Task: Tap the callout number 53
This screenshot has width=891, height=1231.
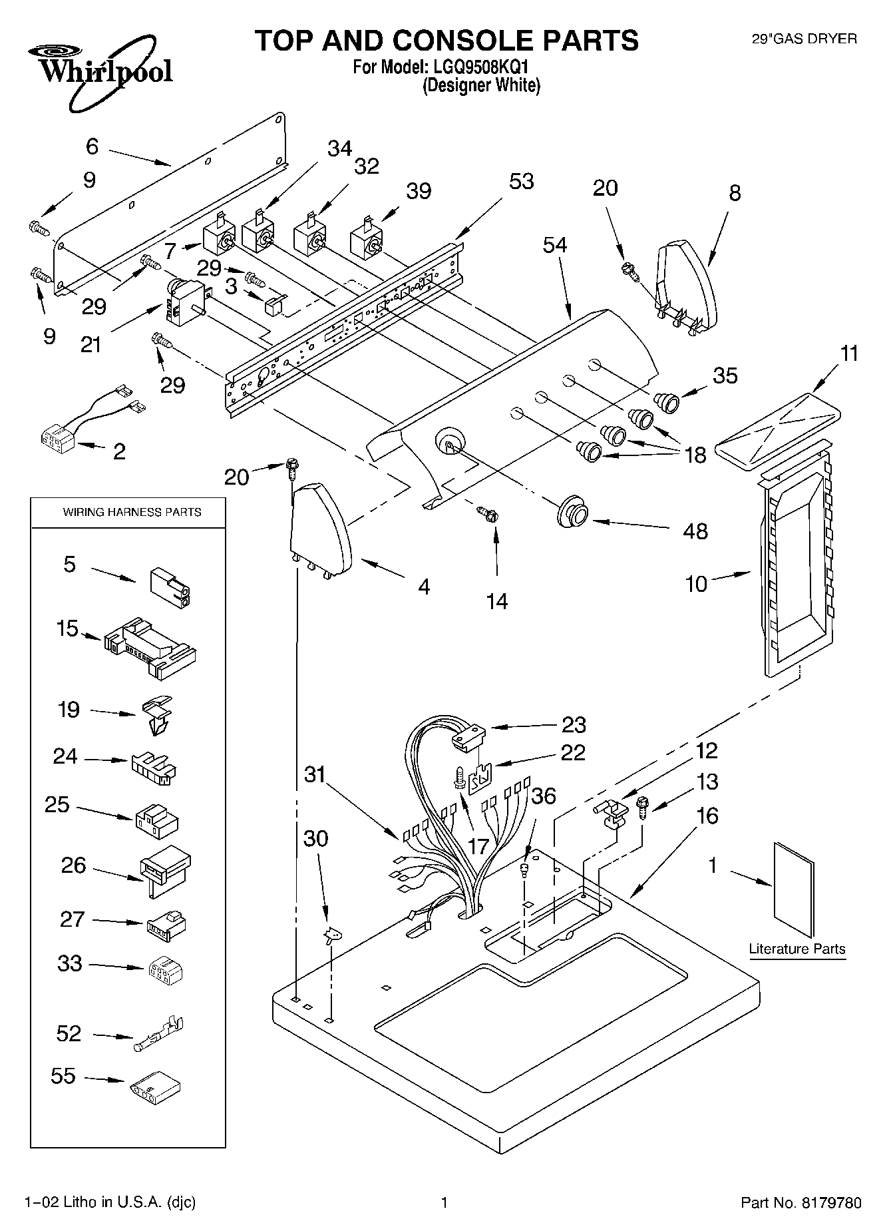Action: (x=521, y=181)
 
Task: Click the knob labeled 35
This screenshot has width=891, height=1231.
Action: (x=667, y=402)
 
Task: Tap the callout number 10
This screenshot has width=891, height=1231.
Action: (x=696, y=584)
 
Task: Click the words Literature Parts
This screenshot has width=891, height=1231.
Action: (x=797, y=949)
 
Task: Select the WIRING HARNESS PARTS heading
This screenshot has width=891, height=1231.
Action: (x=132, y=512)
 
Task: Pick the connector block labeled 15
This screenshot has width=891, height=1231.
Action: (x=150, y=646)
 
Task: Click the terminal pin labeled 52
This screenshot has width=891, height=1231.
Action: (x=159, y=1035)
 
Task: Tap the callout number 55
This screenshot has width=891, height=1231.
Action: (x=63, y=1076)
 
